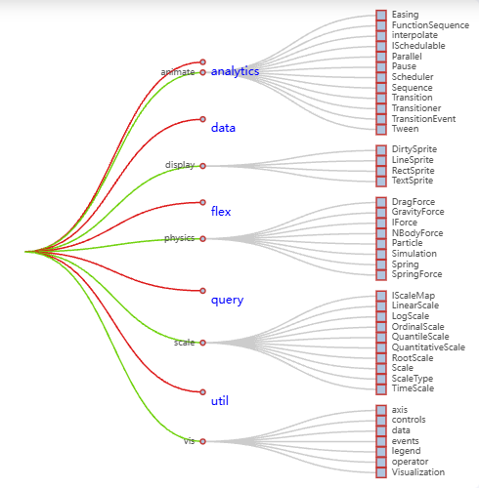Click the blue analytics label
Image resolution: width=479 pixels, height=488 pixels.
click(235, 71)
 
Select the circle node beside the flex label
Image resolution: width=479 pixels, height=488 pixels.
click(202, 202)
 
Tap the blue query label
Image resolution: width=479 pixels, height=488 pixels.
click(227, 300)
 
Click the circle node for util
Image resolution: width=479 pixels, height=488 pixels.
click(202, 391)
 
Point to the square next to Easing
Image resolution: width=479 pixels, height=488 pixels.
click(381, 15)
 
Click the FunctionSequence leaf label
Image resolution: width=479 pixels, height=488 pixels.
click(430, 25)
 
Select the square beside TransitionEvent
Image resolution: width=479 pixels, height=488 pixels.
click(381, 119)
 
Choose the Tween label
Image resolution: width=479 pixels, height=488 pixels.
click(405, 129)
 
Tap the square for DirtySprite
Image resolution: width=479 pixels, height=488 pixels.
click(381, 149)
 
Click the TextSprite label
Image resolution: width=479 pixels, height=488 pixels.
click(413, 181)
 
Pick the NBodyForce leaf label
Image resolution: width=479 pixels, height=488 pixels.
click(417, 233)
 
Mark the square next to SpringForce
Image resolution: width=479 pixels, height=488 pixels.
click(381, 274)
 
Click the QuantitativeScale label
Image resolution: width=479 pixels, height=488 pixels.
click(428, 347)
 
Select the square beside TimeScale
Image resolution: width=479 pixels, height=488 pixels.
click(381, 388)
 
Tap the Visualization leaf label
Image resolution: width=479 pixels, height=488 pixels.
click(418, 472)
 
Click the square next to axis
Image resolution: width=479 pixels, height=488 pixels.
click(381, 410)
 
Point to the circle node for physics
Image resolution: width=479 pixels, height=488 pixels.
click(202, 239)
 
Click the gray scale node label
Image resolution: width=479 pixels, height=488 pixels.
click(184, 343)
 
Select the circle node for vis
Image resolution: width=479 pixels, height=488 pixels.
click(202, 441)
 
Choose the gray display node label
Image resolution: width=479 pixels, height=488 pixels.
click(180, 165)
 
